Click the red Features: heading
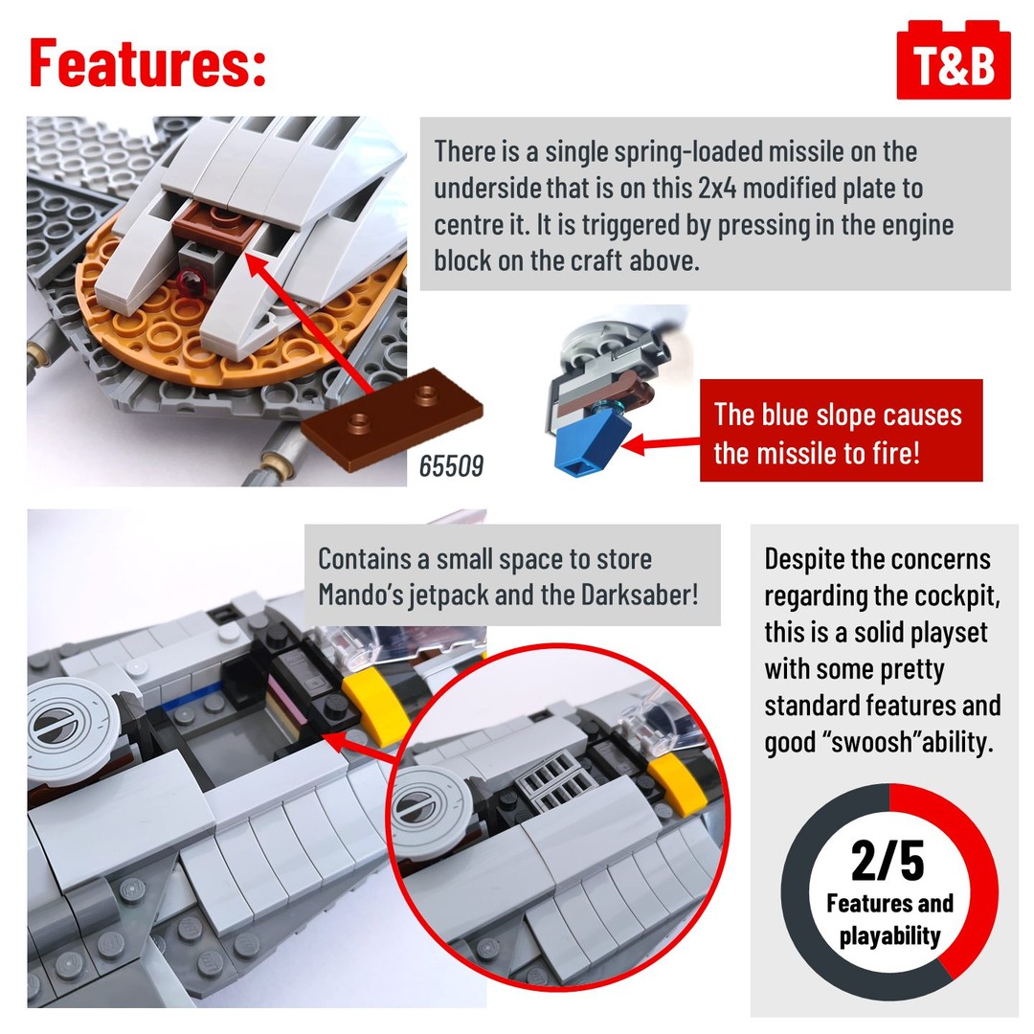coord(147,62)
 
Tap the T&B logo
coord(953,60)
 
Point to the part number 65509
coord(451,465)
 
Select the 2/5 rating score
coord(888,861)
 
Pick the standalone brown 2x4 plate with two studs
coord(392,418)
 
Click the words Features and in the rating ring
coord(889,903)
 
